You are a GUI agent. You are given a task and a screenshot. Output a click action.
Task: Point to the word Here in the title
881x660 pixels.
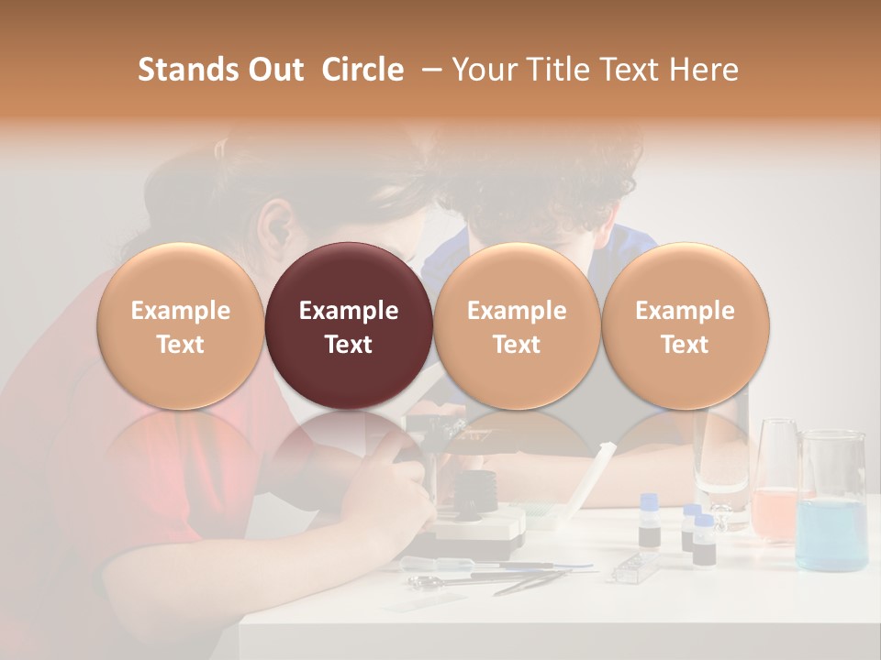(705, 70)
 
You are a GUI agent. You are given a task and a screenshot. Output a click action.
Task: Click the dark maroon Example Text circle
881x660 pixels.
(349, 326)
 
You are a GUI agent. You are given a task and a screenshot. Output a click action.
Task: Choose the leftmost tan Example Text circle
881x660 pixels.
(181, 326)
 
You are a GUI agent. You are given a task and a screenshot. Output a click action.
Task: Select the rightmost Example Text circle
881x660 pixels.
(685, 326)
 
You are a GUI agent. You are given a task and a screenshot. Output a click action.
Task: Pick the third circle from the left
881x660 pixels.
(517, 326)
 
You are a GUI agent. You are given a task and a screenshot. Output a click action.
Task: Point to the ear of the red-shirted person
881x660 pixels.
(273, 223)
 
